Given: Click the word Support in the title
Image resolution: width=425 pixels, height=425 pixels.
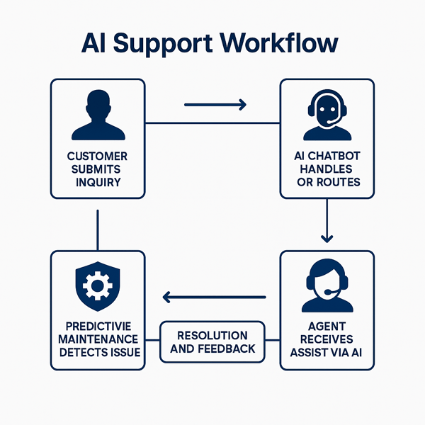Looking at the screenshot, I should (164, 44).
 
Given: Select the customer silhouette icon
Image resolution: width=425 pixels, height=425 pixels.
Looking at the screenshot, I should (98, 116).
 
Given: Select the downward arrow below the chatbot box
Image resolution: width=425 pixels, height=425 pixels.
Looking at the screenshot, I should (327, 221).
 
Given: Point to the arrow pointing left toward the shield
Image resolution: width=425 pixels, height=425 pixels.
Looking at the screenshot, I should (215, 297).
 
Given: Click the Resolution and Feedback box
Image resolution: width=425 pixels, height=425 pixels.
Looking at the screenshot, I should (212, 342).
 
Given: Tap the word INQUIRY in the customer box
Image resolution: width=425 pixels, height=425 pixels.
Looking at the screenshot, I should (97, 182).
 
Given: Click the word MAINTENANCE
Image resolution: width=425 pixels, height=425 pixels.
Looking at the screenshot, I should (98, 339).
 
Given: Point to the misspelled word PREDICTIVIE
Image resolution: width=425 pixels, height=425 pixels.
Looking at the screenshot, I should (98, 325).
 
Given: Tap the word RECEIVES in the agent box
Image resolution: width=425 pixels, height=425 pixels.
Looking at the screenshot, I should (327, 339).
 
